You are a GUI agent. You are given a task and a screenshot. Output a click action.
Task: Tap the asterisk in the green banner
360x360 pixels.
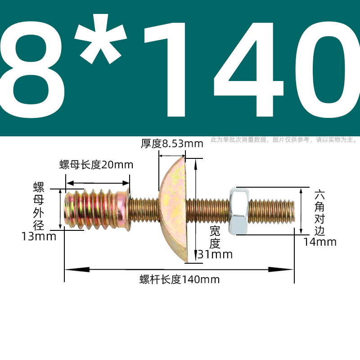pyautogui.click(x=100, y=39)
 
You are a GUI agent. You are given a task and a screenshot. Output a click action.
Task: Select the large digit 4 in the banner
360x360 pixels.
pyautogui.click(x=249, y=69)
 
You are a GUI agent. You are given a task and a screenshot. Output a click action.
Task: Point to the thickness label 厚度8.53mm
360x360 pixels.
pyautogui.click(x=172, y=144)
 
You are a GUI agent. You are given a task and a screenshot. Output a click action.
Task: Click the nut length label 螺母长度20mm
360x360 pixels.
pyautogui.click(x=96, y=165)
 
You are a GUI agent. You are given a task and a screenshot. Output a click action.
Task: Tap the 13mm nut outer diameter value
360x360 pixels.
pyautogui.click(x=39, y=236)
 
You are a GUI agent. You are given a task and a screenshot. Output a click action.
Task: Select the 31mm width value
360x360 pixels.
pyautogui.click(x=215, y=254)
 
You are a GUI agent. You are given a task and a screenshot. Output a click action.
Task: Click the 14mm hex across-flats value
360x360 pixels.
pyautogui.click(x=320, y=242)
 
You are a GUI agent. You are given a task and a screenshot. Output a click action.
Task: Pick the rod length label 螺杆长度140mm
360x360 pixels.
pyautogui.click(x=180, y=279)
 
